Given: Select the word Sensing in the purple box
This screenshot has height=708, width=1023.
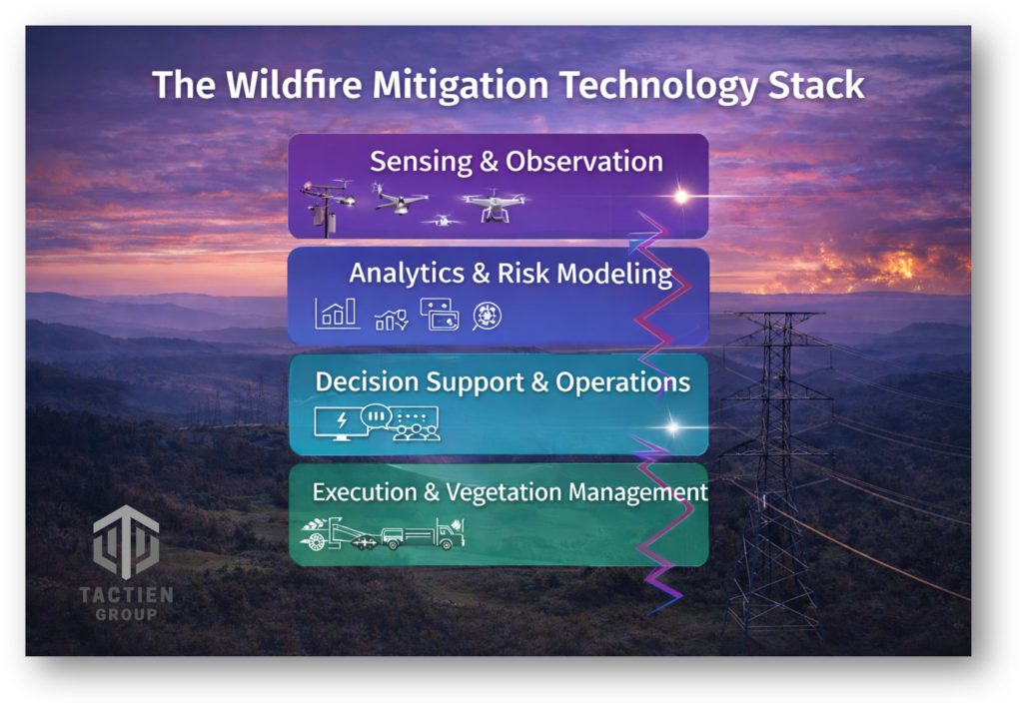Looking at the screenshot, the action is (421, 162).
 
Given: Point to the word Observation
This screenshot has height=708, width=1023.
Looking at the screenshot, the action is (583, 161).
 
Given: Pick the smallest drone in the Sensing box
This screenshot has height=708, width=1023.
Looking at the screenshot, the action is (443, 221).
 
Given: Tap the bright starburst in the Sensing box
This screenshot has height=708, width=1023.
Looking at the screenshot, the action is (680, 196).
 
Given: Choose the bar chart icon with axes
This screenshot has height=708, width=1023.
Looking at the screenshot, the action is (337, 313).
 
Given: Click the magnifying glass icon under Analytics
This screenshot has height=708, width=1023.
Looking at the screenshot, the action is (487, 317).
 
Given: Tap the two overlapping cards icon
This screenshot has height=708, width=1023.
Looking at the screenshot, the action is (440, 315).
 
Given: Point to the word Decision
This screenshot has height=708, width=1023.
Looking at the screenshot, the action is (366, 381).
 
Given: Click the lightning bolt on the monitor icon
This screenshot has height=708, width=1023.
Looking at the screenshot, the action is (342, 420).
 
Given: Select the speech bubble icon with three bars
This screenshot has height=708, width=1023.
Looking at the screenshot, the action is (376, 416).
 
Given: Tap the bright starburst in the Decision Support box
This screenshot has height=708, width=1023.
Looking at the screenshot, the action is (672, 427).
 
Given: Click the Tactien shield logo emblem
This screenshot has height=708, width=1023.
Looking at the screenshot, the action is (126, 542).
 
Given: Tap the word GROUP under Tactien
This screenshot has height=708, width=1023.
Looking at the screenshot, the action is (126, 614).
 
